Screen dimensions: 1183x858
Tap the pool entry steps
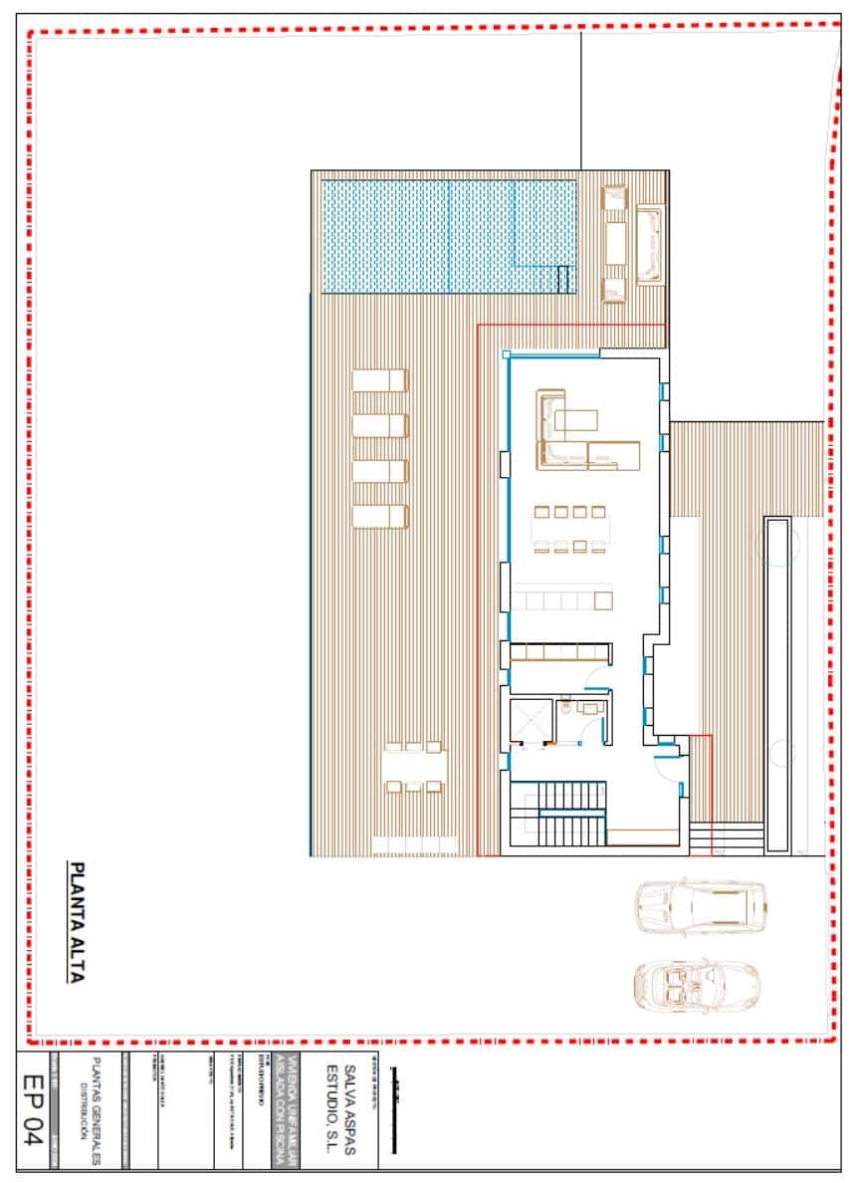click(x=565, y=279)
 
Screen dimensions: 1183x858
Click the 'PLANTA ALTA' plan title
click(x=76, y=921)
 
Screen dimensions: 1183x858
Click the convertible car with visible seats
click(x=696, y=983)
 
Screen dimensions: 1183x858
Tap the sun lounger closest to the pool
click(x=380, y=380)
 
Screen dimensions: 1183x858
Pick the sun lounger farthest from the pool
click(x=380, y=516)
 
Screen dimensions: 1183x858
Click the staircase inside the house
click(x=557, y=813)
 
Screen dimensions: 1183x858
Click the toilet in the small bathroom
click(x=565, y=709)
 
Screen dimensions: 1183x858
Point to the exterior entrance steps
click(x=701, y=838)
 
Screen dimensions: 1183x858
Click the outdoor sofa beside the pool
click(x=649, y=244)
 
